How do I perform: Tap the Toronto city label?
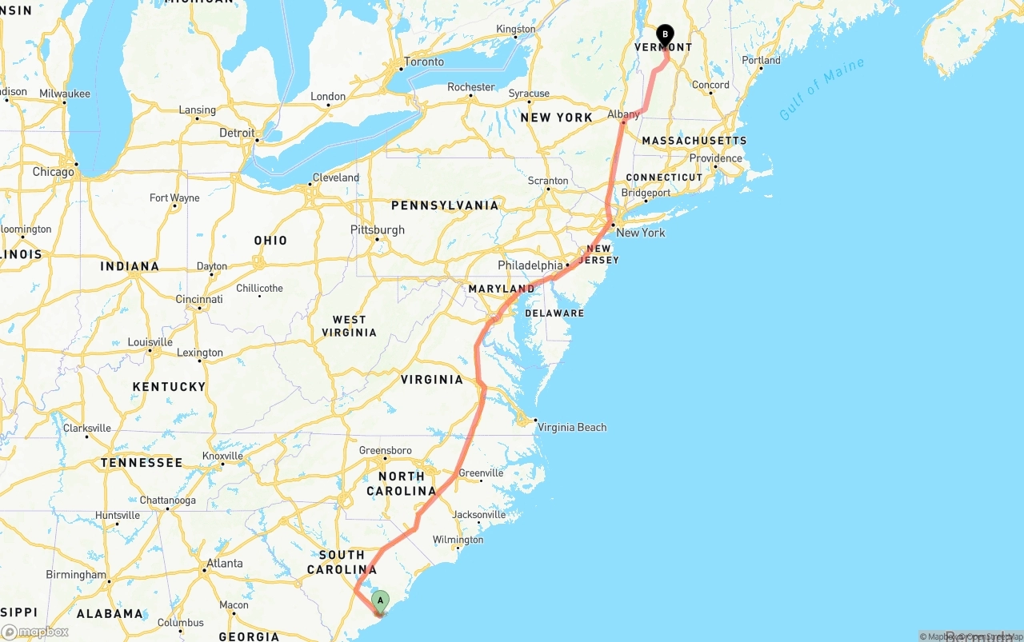(x=424, y=62)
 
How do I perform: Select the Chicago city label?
(x=53, y=172)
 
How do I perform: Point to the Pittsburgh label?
(x=378, y=229)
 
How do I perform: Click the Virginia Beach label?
(x=572, y=427)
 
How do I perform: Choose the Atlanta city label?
(x=225, y=564)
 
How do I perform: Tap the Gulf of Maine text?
(x=822, y=89)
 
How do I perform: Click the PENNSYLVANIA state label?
(x=445, y=205)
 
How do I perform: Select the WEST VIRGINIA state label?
(x=349, y=326)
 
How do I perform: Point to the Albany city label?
(x=623, y=114)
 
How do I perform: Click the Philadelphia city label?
(x=530, y=265)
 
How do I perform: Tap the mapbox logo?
(x=35, y=632)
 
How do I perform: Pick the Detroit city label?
(x=237, y=133)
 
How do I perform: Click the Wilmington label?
(x=458, y=540)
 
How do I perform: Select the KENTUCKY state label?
(x=169, y=387)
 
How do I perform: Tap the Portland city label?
(x=761, y=60)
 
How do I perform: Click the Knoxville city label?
(x=222, y=456)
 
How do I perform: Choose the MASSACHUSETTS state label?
(x=694, y=141)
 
